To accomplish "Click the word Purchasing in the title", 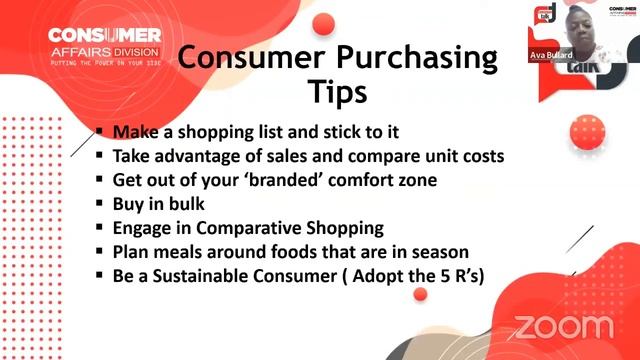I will coord(413,58).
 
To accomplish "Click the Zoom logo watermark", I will coord(563,327).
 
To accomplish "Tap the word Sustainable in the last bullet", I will coord(205,276).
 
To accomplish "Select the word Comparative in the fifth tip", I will coord(238,228).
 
